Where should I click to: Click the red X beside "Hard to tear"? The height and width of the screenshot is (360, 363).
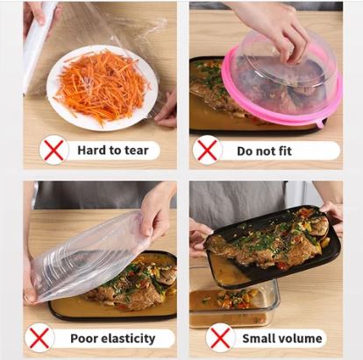click(54, 150)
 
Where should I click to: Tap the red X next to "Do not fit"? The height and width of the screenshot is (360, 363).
click(207, 150)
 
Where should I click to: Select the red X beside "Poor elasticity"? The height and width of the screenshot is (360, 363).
click(39, 338)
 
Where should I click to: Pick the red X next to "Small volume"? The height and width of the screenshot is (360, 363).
click(220, 338)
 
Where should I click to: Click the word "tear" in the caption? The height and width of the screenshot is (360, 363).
click(137, 151)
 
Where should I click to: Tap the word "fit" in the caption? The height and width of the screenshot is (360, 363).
click(284, 151)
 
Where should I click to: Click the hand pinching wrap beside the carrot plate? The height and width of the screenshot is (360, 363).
click(167, 110)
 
